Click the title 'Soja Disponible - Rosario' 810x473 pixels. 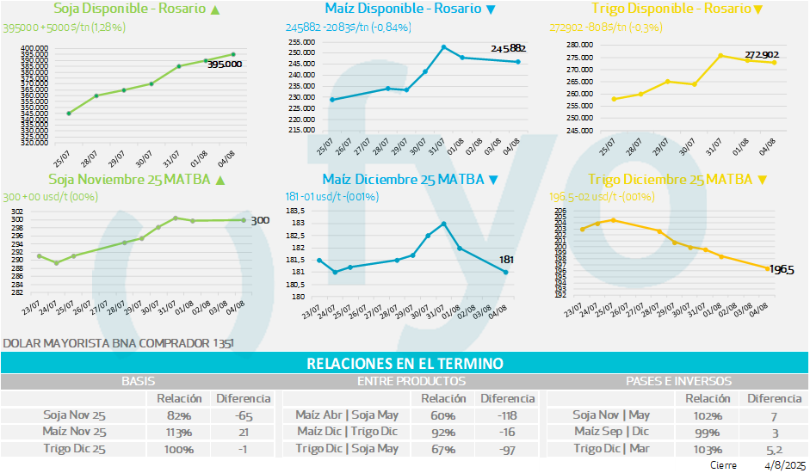click(x=129, y=9)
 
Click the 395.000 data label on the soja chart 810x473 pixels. click(x=224, y=64)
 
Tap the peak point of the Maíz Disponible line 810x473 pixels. click(x=443, y=46)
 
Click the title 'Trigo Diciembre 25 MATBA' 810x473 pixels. click(x=669, y=180)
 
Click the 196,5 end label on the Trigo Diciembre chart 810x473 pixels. click(x=782, y=270)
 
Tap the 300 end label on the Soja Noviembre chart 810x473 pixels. click(x=261, y=221)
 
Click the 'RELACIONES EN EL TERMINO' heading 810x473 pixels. click(x=405, y=365)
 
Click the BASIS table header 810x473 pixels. click(x=138, y=380)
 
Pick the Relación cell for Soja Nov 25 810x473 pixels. click(x=179, y=415)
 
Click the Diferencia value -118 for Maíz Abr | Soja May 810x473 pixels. click(x=506, y=415)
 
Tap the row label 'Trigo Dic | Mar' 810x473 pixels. click(x=611, y=448)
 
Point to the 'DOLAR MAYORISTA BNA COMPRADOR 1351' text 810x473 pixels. click(x=118, y=343)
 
